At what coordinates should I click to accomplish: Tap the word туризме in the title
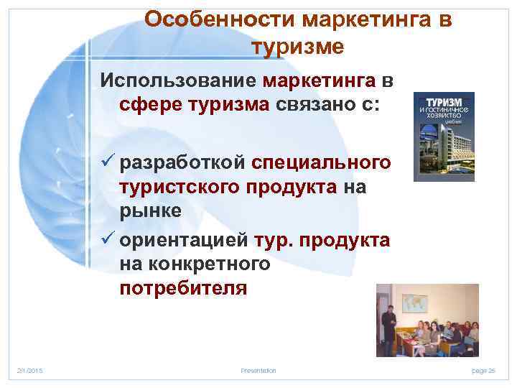(298, 47)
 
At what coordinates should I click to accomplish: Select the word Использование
(180, 78)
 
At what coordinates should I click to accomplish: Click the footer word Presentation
(258, 371)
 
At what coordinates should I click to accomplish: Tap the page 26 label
(483, 371)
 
